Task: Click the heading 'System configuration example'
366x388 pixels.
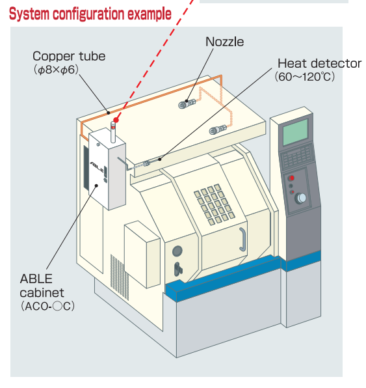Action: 90,14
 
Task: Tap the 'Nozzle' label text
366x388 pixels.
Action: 225,42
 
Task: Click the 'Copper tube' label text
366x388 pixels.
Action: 69,57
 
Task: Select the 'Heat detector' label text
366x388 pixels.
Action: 319,63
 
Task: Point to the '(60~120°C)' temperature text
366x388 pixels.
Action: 305,77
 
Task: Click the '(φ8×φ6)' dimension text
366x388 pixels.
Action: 56,70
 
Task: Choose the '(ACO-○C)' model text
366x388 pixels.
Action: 47,307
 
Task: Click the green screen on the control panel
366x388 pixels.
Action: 296,132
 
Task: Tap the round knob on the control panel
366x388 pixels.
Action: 301,198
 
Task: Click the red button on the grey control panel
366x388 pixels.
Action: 292,178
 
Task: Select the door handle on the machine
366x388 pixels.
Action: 242,240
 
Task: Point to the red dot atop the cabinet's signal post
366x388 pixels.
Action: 116,120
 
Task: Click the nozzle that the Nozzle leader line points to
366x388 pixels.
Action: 187,104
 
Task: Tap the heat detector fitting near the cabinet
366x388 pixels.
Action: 146,163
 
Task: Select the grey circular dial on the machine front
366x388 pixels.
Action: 177,251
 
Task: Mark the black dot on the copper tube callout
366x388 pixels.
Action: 109,113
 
